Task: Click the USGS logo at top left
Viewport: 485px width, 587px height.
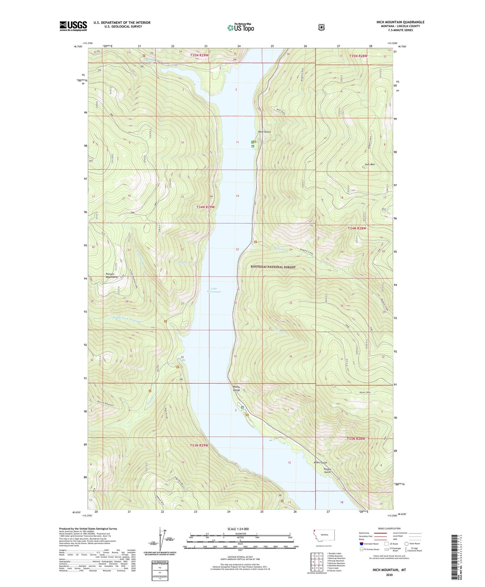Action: pyautogui.click(x=73, y=26)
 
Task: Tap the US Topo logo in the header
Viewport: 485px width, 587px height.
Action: pyautogui.click(x=241, y=28)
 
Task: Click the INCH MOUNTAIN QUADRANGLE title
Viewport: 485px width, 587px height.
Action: pyautogui.click(x=400, y=22)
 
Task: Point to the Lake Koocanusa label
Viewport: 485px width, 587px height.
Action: pyautogui.click(x=214, y=290)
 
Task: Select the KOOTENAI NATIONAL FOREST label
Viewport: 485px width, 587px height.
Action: pyautogui.click(x=273, y=267)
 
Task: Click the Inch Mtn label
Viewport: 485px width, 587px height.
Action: pyautogui.click(x=370, y=164)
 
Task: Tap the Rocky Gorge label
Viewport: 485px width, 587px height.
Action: pyautogui.click(x=236, y=388)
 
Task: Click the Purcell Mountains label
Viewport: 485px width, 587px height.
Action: pyautogui.click(x=112, y=276)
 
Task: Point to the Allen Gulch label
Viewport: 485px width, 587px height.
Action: pyautogui.click(x=320, y=463)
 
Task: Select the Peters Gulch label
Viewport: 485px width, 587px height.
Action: pyautogui.click(x=328, y=470)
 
